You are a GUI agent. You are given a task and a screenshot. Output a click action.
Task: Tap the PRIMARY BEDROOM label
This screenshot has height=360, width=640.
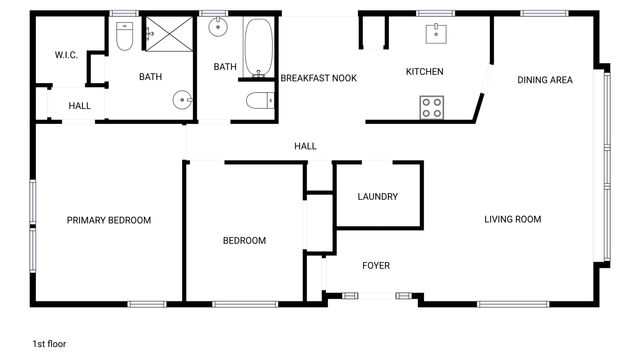[x=109, y=221]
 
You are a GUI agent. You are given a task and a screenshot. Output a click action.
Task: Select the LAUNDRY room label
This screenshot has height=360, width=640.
[x=378, y=197]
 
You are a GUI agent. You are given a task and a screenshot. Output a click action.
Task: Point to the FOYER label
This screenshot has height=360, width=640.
[x=376, y=265]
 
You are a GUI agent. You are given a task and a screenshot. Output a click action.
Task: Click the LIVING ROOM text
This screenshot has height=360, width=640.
[x=512, y=220]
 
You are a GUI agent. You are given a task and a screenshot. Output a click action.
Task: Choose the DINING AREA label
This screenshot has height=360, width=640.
[x=545, y=80]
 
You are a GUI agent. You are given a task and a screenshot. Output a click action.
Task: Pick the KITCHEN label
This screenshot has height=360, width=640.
[x=424, y=72]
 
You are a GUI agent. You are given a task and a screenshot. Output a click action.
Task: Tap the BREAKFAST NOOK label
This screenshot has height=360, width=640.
[x=319, y=78]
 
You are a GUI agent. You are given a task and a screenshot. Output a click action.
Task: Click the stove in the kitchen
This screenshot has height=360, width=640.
[x=431, y=106]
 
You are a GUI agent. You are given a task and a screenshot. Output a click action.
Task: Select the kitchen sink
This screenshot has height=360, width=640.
[x=436, y=35]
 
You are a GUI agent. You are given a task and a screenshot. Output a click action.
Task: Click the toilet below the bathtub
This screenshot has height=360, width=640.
[x=259, y=100]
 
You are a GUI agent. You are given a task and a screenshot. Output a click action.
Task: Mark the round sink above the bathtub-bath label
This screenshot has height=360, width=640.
[x=218, y=29]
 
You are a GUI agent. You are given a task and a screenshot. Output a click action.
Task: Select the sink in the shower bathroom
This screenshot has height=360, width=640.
[x=181, y=99]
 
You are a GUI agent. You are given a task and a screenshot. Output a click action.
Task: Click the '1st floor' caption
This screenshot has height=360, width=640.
[x=50, y=344]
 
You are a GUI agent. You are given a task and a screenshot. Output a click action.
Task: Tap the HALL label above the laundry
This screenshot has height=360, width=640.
[x=305, y=146]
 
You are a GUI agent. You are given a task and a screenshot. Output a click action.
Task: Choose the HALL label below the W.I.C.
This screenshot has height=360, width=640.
[x=80, y=106]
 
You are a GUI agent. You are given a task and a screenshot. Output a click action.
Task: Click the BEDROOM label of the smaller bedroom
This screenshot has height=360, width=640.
[x=244, y=241]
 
